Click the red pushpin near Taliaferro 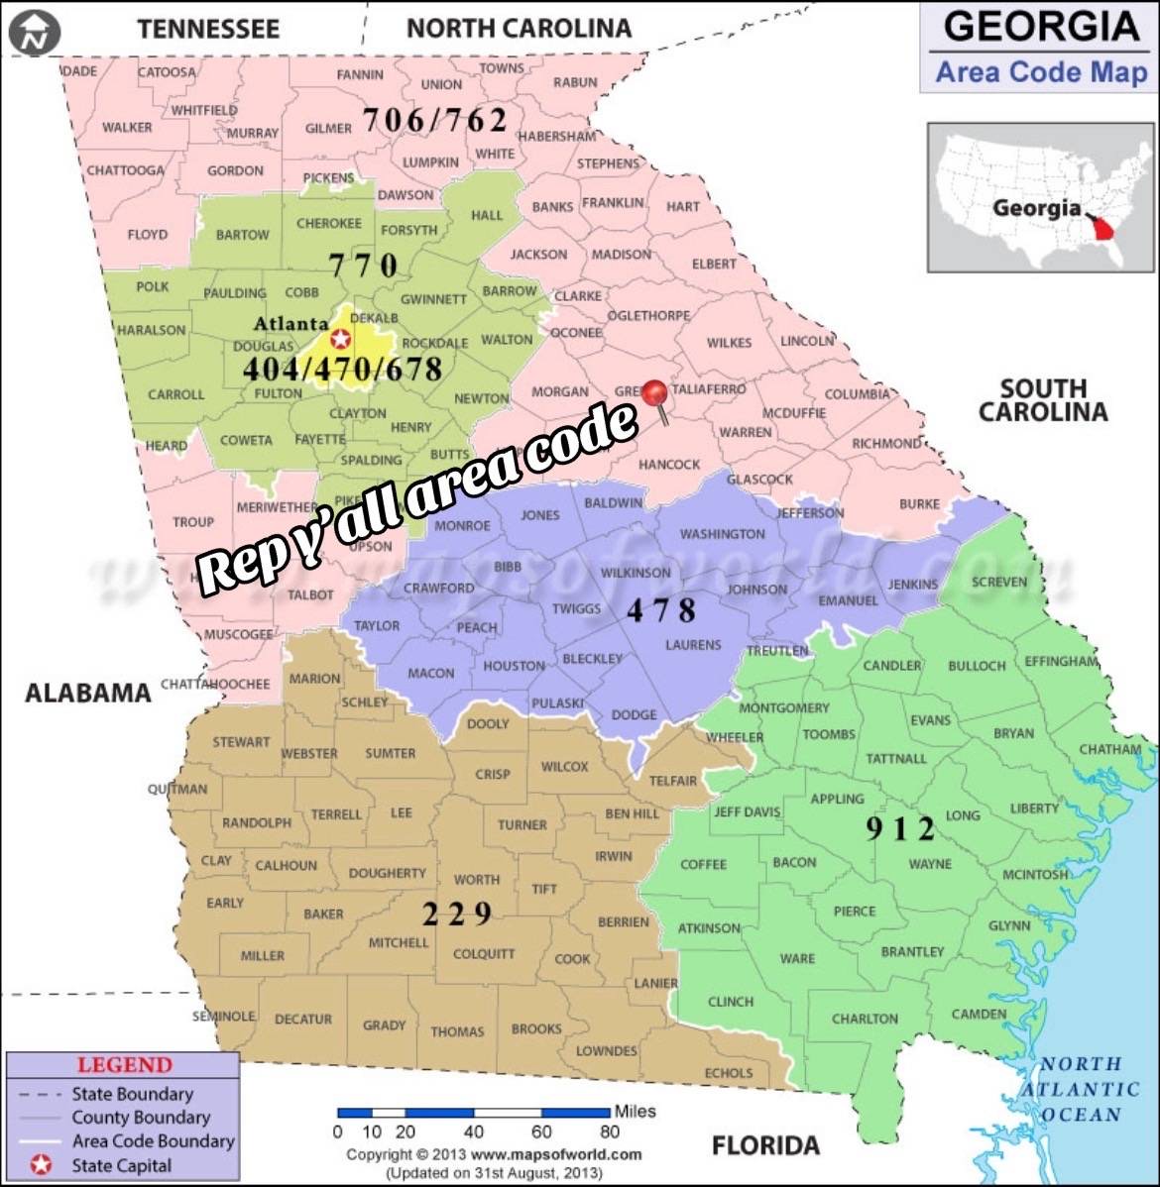(x=654, y=394)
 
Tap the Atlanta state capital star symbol (x=340, y=339)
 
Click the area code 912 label (x=900, y=828)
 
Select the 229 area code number (x=456, y=914)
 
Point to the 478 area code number (x=661, y=609)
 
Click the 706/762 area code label (x=434, y=120)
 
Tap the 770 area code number (x=363, y=265)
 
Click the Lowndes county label (x=606, y=1050)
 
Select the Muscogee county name (x=238, y=634)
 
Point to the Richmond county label (x=886, y=443)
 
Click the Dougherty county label (x=387, y=873)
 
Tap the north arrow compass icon (x=35, y=35)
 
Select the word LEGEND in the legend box (x=125, y=1065)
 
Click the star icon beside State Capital (x=41, y=1165)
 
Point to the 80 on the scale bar (x=609, y=1132)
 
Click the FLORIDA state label (x=765, y=1145)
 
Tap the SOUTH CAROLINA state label (x=1042, y=400)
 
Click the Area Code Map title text (x=1040, y=72)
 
